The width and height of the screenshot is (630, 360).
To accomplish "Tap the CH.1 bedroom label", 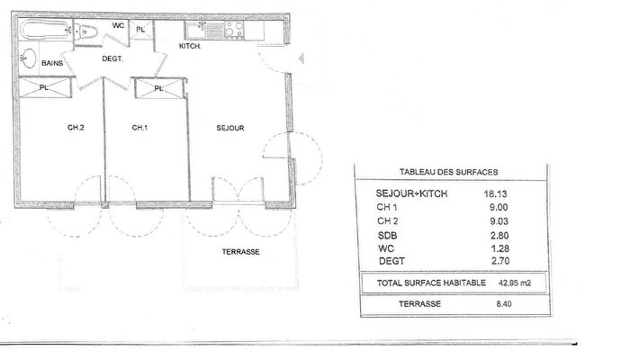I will tap(139, 128).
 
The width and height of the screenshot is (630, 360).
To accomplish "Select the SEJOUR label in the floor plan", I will tap(230, 128).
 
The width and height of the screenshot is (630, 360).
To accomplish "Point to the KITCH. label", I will tap(189, 45).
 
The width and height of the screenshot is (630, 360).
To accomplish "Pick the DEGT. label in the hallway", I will tap(112, 58).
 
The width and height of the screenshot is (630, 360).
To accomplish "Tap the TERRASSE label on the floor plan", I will tap(240, 252).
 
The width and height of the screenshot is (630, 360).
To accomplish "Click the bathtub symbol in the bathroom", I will tap(44, 32).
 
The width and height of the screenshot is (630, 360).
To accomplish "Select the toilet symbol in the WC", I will tap(89, 32).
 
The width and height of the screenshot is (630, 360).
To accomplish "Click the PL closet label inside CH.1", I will tap(158, 88).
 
